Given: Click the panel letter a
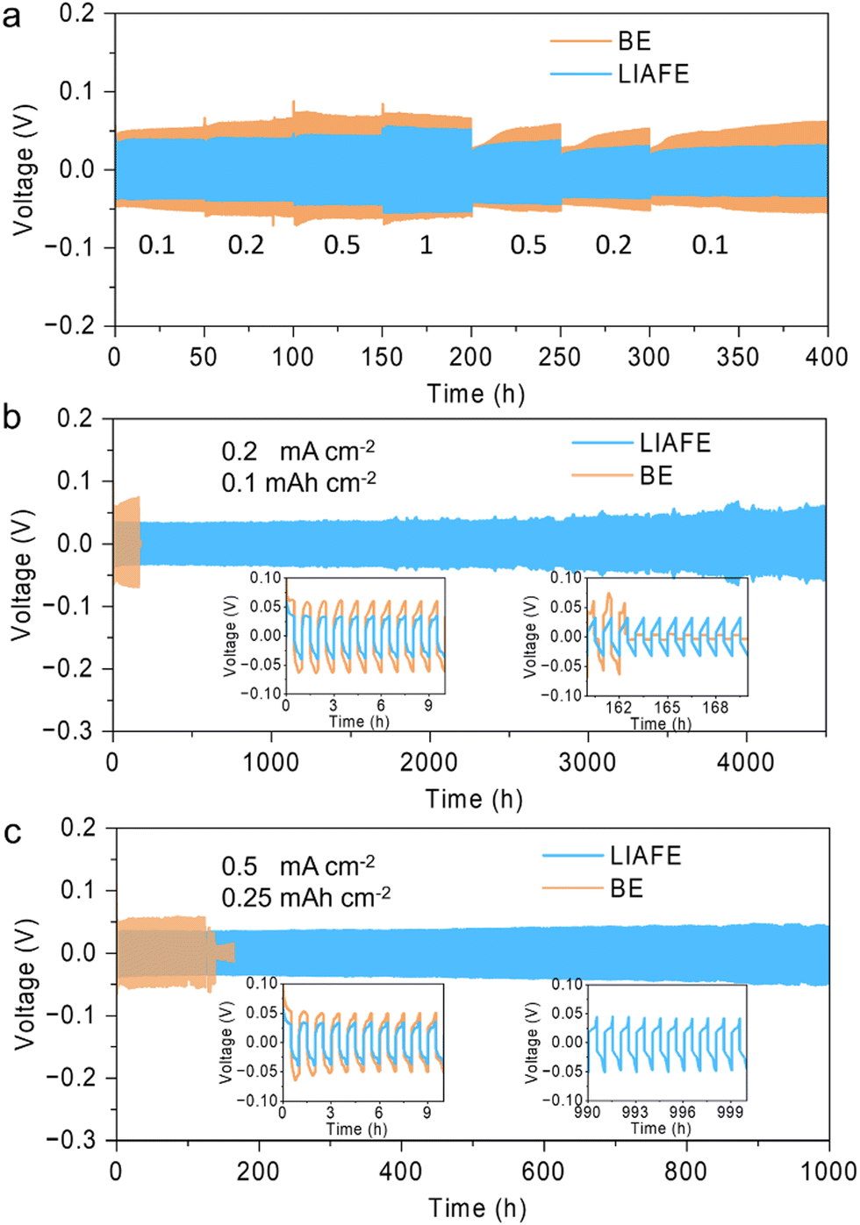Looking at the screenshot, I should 11,16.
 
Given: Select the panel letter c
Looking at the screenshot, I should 11,831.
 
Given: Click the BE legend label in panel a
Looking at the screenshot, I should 634,41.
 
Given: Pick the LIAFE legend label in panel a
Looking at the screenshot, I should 654,74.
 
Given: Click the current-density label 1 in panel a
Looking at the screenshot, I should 426,245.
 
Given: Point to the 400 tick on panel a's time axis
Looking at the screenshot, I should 827,357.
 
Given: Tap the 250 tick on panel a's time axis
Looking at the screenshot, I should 560,357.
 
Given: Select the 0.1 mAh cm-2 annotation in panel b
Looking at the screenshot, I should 298,482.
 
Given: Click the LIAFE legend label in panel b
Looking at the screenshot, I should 675,443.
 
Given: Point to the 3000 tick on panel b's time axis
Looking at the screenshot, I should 587,761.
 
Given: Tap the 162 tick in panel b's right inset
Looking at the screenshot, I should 619,708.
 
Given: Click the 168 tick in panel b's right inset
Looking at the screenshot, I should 715,708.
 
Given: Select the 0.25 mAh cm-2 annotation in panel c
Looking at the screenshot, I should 305,897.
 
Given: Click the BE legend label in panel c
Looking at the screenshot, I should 627,888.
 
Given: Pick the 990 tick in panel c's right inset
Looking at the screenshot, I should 587,1113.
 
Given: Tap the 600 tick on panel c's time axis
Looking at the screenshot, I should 543,1172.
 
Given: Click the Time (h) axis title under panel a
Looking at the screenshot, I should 476,394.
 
